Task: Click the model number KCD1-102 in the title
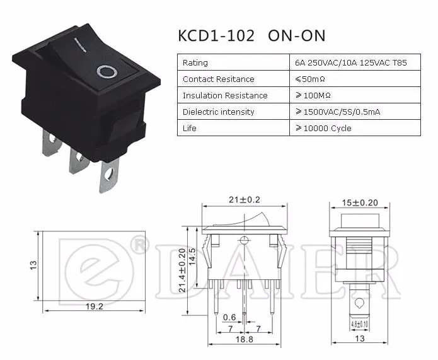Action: point(216,36)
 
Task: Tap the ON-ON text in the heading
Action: point(297,36)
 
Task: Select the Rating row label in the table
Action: point(195,62)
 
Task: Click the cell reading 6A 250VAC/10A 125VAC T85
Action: point(351,62)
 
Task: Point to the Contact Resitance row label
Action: point(219,79)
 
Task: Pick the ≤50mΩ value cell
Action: point(310,79)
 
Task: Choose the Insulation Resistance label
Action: point(225,96)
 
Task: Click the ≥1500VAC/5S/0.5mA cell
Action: point(338,112)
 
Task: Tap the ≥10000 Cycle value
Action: point(323,128)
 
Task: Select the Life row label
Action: point(190,128)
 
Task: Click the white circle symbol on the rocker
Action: point(107,72)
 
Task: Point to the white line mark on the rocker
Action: point(80,45)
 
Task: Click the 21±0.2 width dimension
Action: point(245,200)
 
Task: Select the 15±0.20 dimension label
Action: point(360,202)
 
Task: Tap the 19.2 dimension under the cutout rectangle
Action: point(95,306)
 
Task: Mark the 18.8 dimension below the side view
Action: point(245,339)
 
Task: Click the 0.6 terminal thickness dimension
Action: point(229,317)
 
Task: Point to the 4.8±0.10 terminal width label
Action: point(359,324)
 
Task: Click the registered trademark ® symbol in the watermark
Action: point(139,245)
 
